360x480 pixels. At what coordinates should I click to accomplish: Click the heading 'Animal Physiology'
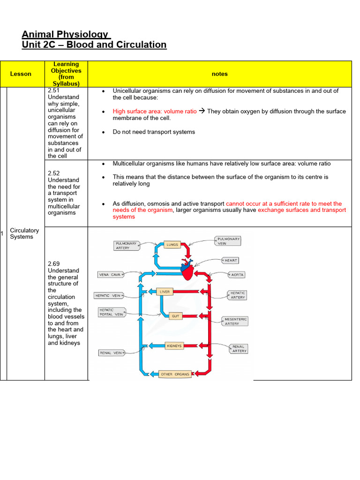pos(65,34)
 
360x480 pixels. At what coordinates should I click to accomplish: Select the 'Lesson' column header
pos(21,74)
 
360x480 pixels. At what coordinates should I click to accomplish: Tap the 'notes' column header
pos(219,74)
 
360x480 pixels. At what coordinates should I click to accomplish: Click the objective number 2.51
pos(54,90)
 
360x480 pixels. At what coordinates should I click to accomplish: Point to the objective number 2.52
pos(54,173)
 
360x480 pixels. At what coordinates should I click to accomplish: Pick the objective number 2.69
pos(54,264)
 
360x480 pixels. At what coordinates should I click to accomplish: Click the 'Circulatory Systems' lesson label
pos(24,233)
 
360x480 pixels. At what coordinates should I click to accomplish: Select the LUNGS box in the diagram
pos(172,245)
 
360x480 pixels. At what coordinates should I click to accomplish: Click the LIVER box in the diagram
pos(165,292)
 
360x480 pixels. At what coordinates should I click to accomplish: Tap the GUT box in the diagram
pos(175,316)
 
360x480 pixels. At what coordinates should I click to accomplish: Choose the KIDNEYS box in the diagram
pos(174,346)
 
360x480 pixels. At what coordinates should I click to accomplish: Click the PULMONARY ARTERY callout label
pos(126,246)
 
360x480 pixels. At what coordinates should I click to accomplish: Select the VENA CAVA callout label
pos(110,274)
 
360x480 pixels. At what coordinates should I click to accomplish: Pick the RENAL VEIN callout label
pos(111,352)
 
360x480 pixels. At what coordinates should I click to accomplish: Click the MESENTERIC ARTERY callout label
pos(234,321)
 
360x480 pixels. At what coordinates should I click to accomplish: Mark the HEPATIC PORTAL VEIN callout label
pos(111,312)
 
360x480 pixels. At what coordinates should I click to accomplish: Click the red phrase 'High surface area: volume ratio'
pos(155,112)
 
